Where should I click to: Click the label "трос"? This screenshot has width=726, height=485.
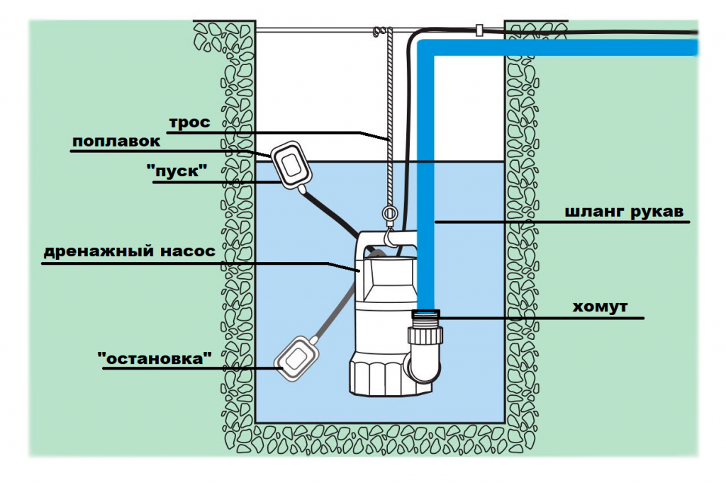point(189,122)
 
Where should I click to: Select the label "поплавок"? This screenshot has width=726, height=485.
point(116,142)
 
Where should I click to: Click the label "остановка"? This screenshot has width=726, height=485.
point(155,358)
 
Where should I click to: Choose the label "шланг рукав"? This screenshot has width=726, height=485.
point(627,212)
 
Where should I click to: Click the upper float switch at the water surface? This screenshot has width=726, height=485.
point(291,165)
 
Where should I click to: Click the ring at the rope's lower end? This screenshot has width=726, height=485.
point(389,212)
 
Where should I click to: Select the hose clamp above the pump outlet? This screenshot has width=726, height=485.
point(426,313)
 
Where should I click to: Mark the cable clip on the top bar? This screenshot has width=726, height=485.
point(480,31)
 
